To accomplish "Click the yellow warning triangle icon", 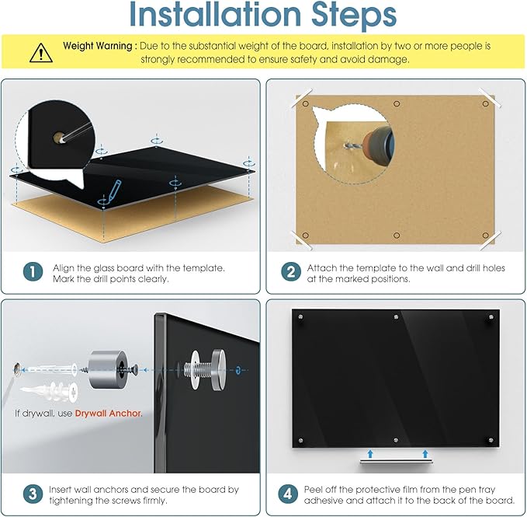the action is point(40,53).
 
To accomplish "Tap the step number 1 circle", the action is point(33,272).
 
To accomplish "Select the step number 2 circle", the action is point(291,272).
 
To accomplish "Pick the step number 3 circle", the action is point(33,494).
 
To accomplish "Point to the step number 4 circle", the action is point(288,494).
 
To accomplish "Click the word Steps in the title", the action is point(354,15).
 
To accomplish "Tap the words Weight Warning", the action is point(98,46).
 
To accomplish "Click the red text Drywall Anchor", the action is point(109,414).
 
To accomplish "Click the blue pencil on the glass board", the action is point(113,191).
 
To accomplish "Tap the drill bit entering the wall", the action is point(352,145).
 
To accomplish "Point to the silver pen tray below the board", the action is point(396,461).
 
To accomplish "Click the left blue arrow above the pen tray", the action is point(370,453).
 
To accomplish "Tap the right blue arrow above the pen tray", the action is point(425,453).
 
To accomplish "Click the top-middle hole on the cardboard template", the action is point(397,103).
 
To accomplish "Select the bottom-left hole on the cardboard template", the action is point(306,236).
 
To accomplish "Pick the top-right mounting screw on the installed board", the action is point(491,317).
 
